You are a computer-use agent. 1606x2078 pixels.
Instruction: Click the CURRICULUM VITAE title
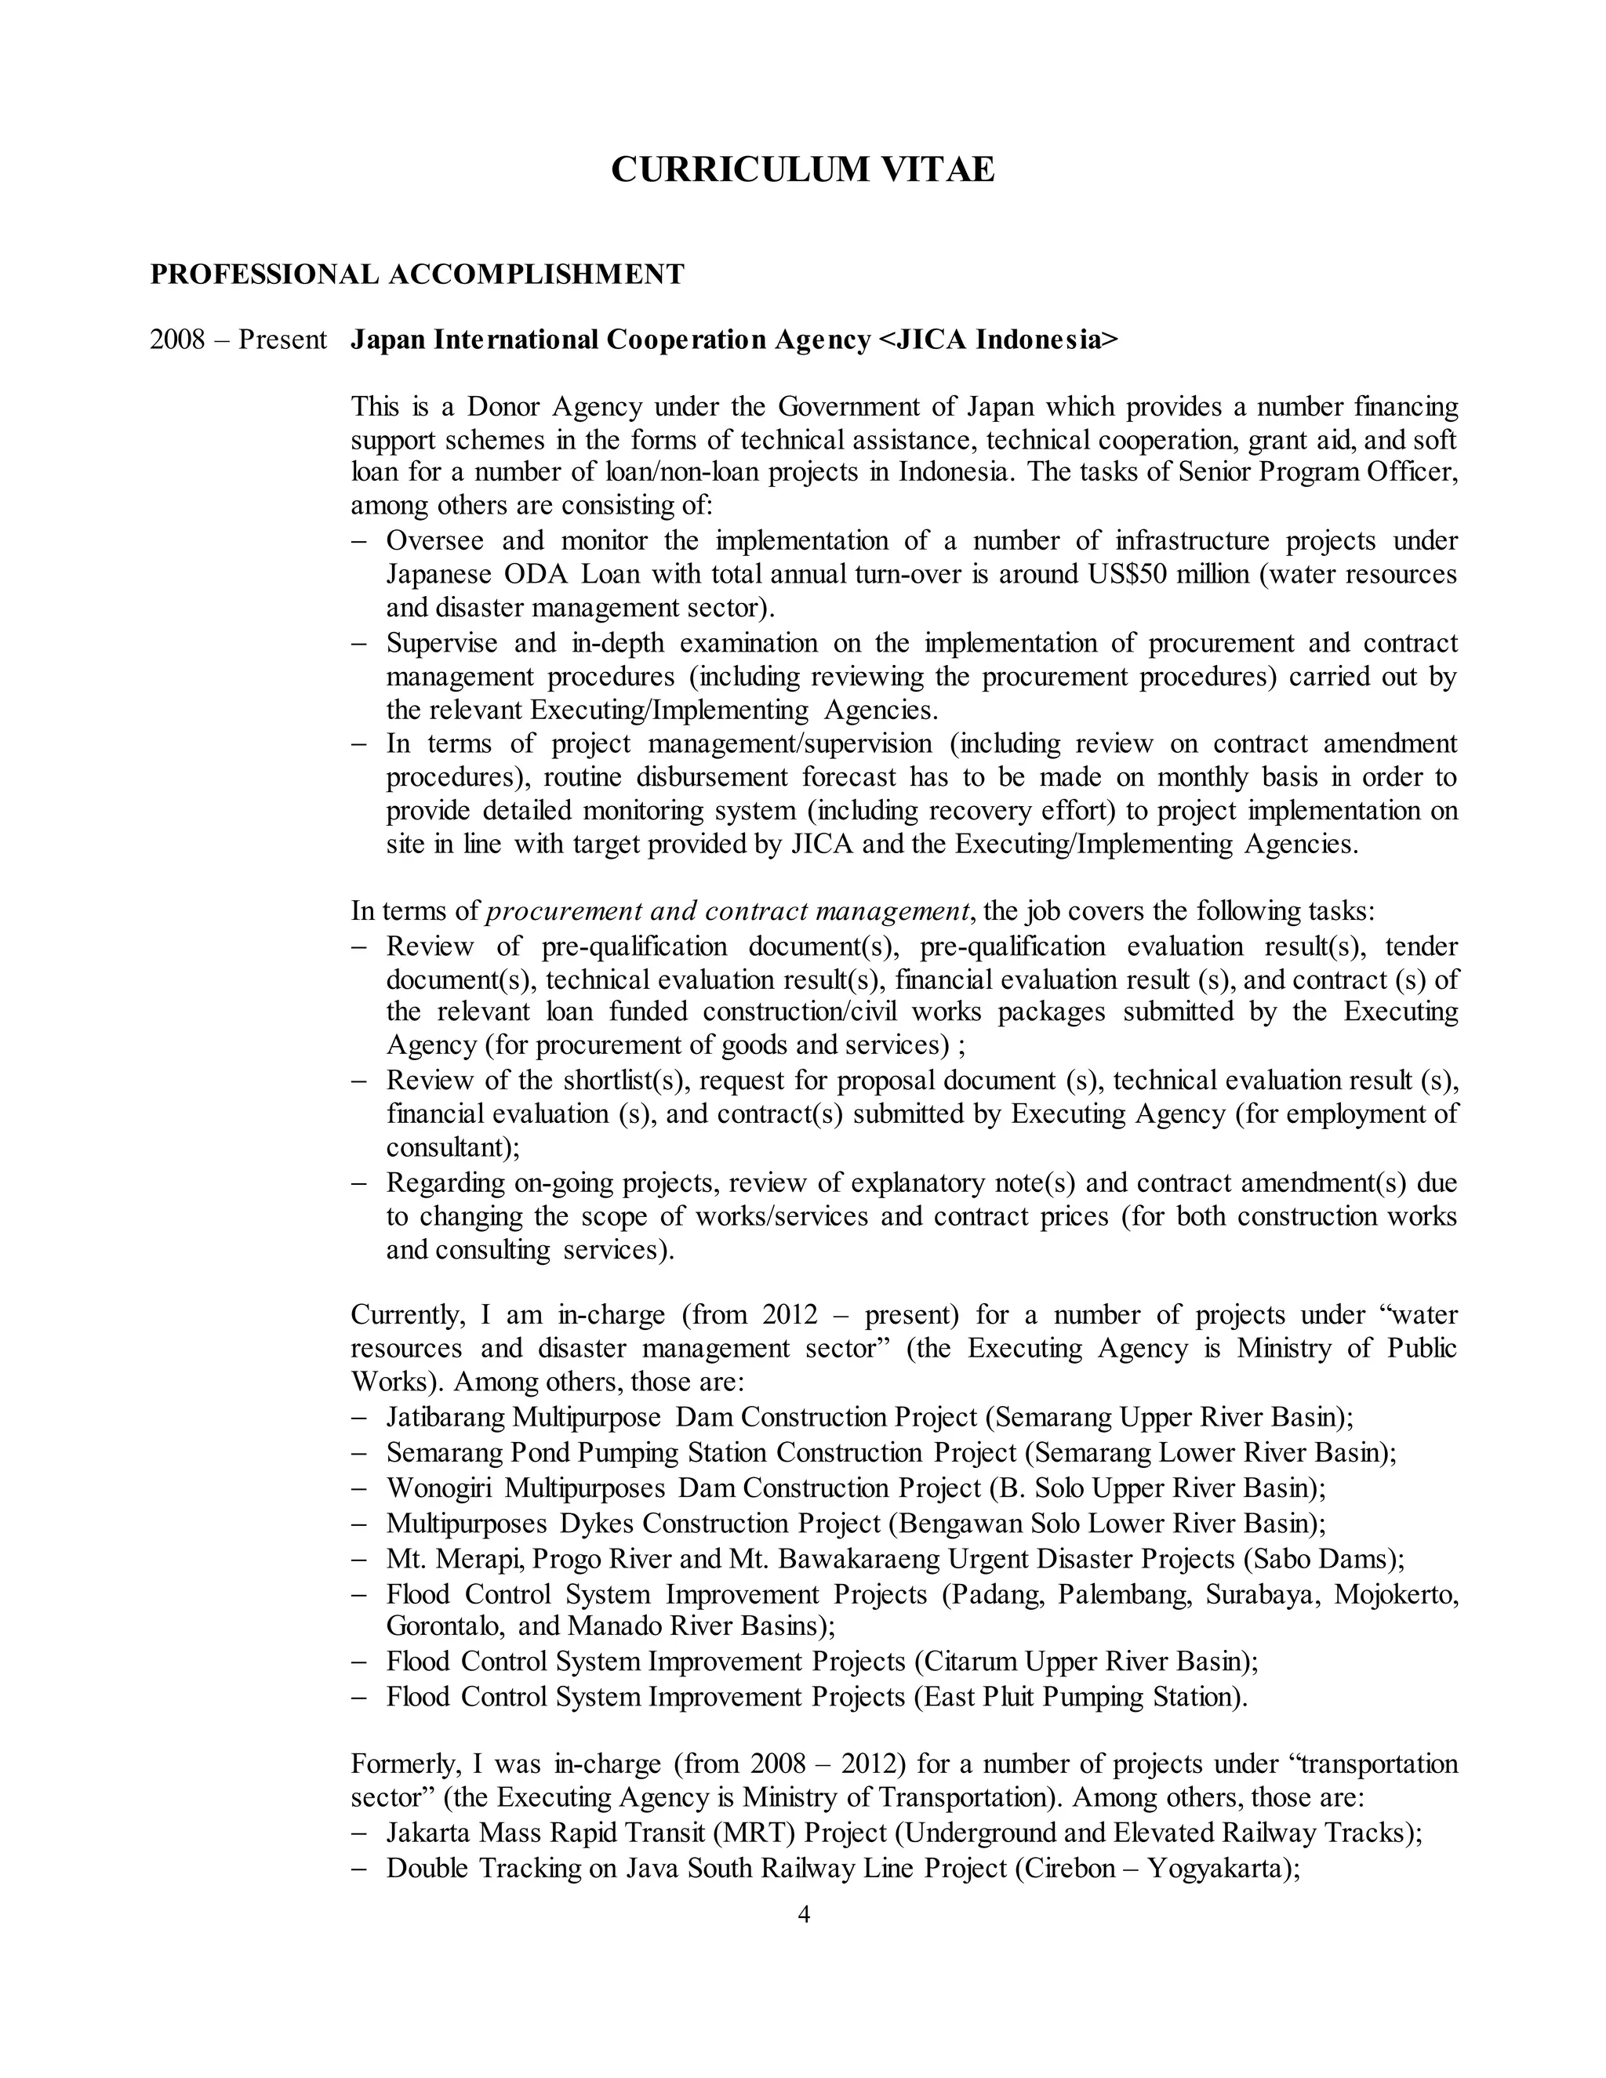tap(802, 170)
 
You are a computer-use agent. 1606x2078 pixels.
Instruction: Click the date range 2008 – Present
tap(238, 340)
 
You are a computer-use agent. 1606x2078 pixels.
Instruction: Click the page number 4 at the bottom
tap(803, 1916)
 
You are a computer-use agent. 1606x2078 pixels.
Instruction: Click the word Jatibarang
tap(445, 1418)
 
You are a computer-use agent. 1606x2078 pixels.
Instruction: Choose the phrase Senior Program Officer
tap(1317, 473)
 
